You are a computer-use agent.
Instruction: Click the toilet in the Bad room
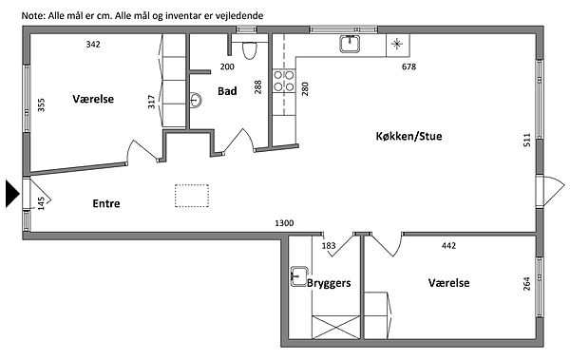click(249, 50)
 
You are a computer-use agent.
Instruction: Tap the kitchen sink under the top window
click(350, 44)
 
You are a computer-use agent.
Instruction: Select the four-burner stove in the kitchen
click(284, 81)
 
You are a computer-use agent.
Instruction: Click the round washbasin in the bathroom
click(196, 100)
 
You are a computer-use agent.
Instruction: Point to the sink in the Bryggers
click(299, 276)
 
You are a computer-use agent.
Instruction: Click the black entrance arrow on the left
click(12, 194)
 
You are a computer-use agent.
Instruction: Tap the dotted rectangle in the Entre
click(192, 196)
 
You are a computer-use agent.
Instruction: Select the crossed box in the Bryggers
click(336, 328)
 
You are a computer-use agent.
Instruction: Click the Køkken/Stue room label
click(408, 137)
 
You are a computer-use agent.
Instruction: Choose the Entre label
click(106, 203)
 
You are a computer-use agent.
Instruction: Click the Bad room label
click(227, 91)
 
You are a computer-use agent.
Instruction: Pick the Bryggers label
click(329, 283)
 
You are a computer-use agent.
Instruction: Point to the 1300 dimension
click(284, 223)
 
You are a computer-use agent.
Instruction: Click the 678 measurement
click(408, 66)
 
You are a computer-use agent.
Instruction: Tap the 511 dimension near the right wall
click(526, 140)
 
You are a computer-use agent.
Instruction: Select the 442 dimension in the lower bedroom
click(448, 246)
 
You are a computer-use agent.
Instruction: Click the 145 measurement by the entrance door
click(41, 203)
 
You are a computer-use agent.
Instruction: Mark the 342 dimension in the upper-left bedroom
click(93, 45)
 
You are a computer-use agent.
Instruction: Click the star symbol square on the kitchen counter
click(398, 45)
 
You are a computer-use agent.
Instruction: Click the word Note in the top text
click(33, 15)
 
